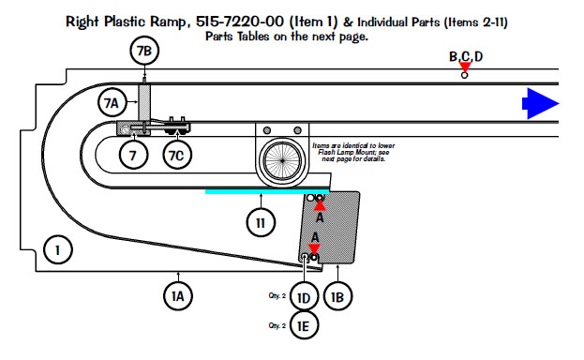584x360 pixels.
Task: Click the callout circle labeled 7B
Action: (144, 51)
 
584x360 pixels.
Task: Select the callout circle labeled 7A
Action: (112, 102)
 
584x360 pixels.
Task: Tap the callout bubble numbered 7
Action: (133, 155)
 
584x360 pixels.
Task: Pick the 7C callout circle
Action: (177, 155)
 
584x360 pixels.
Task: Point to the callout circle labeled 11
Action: (261, 223)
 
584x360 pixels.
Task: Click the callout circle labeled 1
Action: (58, 249)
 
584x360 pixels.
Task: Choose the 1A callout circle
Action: (178, 296)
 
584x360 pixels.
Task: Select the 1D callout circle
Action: (304, 297)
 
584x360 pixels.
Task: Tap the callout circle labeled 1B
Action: (337, 296)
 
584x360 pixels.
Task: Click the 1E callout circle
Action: (304, 325)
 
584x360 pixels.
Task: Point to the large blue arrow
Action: (541, 104)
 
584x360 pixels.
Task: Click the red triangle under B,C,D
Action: (465, 67)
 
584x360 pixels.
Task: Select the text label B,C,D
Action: (466, 56)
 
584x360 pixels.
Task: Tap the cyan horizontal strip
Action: (267, 191)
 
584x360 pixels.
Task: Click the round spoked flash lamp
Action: (282, 160)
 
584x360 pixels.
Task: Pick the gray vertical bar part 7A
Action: (144, 103)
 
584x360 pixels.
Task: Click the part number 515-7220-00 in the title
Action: (239, 22)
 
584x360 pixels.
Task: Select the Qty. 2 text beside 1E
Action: (277, 325)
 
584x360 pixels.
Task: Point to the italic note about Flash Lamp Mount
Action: (353, 152)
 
